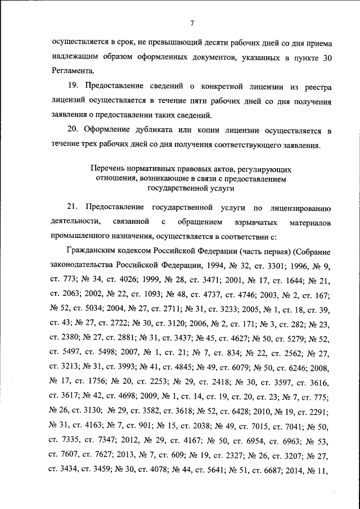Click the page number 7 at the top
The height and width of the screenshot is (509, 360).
coord(191,23)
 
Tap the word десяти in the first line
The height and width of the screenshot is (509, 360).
coord(214,42)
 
